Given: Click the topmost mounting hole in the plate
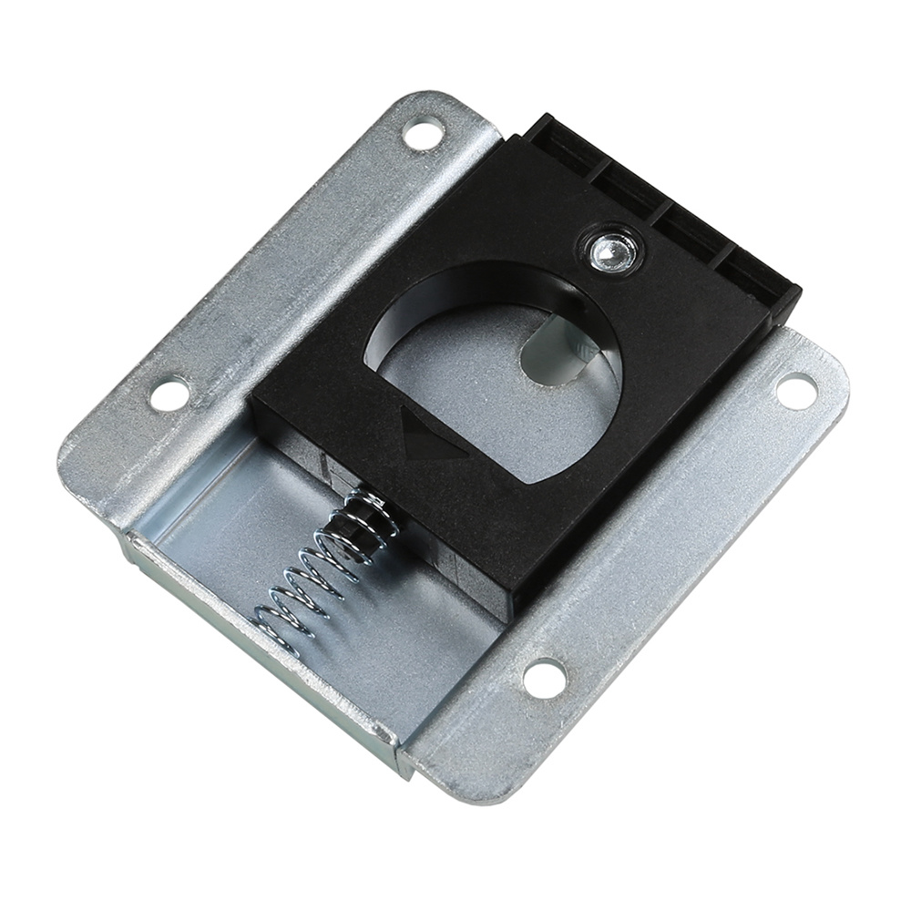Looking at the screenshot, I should (424, 134).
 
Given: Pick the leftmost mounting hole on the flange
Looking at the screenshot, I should (169, 394).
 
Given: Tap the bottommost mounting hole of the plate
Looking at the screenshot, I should (545, 677).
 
